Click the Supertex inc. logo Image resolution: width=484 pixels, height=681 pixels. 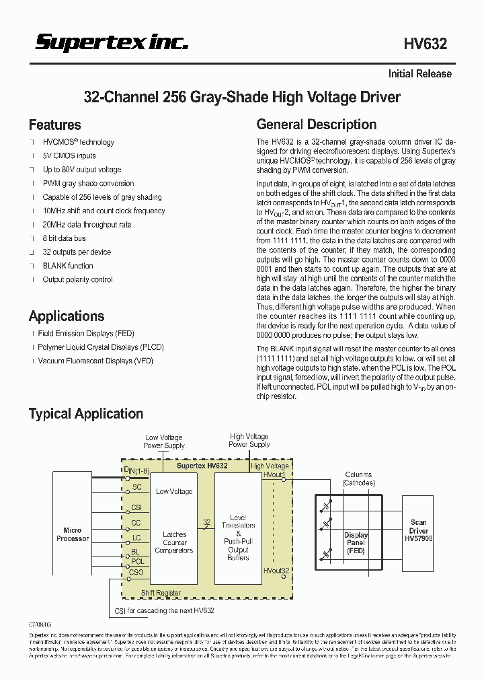point(112,43)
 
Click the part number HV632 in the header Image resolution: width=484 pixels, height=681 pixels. point(425,44)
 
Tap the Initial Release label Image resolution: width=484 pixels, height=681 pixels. point(419,74)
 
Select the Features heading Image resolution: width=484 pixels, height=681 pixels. point(54,125)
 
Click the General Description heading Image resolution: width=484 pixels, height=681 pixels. point(316,124)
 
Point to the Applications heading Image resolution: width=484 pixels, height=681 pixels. point(66,316)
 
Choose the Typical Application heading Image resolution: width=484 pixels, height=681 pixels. point(85,414)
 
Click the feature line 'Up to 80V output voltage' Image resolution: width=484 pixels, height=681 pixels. point(82,170)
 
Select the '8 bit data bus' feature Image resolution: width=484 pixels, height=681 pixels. point(64,238)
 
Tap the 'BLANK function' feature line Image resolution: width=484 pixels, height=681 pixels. point(68,266)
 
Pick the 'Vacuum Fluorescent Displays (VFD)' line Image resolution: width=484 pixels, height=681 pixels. point(85,361)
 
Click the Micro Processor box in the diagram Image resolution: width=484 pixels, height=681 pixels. point(72,534)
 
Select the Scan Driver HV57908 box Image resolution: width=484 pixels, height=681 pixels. point(418,531)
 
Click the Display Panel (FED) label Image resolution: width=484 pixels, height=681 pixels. point(356,543)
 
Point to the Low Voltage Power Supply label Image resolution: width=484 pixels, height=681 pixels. point(163,441)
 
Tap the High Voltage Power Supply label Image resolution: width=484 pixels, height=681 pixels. point(249,440)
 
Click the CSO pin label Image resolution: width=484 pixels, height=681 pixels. point(136,572)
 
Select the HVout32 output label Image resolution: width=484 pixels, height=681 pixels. point(276,571)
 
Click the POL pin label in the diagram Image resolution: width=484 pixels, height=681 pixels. point(137,561)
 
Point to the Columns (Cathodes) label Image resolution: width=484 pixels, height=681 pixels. point(358,478)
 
